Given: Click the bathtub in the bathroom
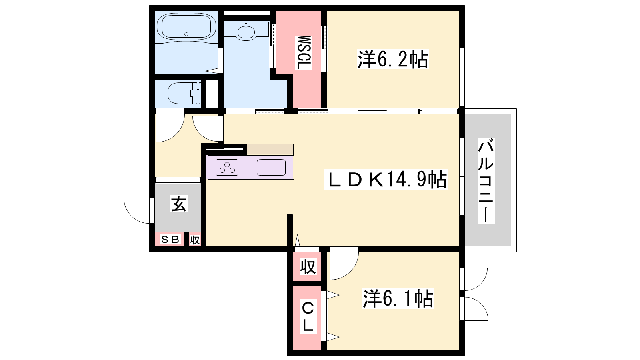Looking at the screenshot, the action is coord(186,26).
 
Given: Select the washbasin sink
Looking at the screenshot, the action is coord(246,32).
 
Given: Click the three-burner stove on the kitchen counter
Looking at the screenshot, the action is coord(227,168).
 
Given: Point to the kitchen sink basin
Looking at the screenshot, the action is coord(271,168).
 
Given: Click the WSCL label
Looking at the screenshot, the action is coord(304,52).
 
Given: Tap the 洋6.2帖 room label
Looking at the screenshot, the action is coord(393,60).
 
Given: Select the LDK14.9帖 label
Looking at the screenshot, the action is coord(386,180).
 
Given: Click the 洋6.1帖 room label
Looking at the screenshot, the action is coord(398,298).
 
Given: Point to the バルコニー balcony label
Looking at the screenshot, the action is coord(486,180).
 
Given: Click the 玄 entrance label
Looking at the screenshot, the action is coord(179,204).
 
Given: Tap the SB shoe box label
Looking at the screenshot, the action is coord(170,240).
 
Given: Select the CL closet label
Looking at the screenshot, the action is coord(308,316).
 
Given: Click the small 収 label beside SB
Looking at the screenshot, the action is coord(195,240).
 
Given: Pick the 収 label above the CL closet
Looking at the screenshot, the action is coord(308,266).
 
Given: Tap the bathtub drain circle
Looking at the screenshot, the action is coord(186,34).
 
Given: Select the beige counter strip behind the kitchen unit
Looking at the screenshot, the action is coord(270,150).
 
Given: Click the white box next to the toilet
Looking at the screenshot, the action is coord(212,94).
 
